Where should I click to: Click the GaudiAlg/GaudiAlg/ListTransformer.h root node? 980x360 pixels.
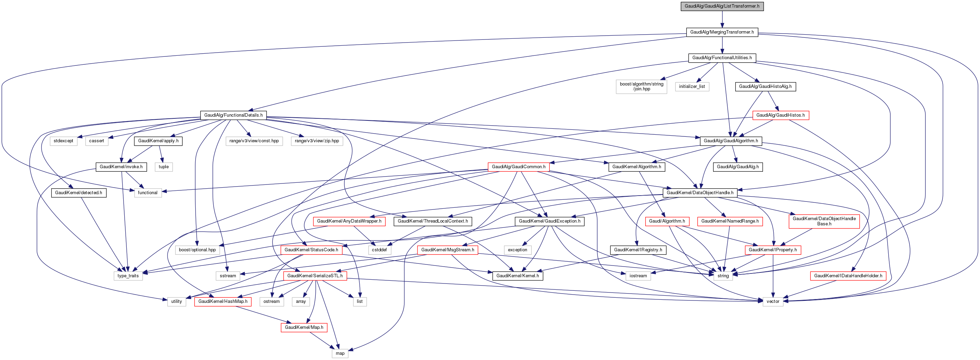coord(722,6)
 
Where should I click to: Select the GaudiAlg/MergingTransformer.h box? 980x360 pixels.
coord(722,32)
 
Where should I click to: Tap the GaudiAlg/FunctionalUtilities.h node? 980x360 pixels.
coord(722,58)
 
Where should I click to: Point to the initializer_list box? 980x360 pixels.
coord(692,87)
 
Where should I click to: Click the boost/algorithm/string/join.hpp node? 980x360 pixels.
coord(641,87)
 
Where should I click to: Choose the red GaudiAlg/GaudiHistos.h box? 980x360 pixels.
coord(780,115)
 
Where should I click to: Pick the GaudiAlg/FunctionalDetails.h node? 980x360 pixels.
coord(233,115)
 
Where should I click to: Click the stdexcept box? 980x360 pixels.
coord(63,141)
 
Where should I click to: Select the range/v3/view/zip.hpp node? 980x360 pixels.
coord(316,141)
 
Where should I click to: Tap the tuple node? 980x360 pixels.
coord(164,167)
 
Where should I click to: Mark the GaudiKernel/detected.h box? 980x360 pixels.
coord(78,192)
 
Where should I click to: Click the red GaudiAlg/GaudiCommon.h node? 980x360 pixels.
coord(518,167)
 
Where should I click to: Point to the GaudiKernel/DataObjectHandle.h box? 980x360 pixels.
coord(700,192)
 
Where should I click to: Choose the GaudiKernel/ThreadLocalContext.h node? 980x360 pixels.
coord(433,221)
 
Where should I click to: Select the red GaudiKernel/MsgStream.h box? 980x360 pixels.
coord(447,250)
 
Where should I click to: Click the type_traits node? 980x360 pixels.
coord(128,276)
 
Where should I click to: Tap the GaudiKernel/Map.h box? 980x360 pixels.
coord(304,327)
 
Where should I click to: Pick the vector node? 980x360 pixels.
coord(773,301)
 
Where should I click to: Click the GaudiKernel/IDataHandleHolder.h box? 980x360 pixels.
coord(848,276)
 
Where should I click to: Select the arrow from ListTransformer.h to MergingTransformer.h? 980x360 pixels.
coord(722,19)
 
